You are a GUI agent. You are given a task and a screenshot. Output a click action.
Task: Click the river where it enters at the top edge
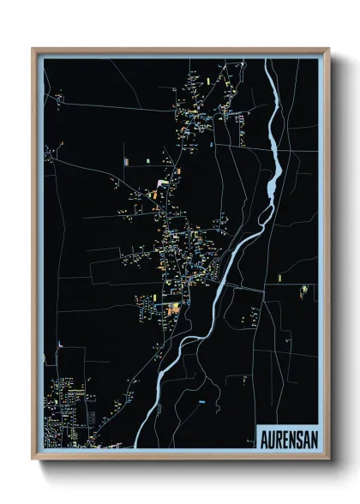point(268,62)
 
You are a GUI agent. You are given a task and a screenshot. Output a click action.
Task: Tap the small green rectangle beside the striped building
point(147,159)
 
